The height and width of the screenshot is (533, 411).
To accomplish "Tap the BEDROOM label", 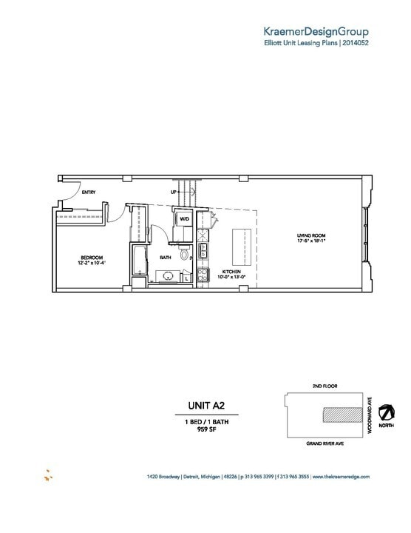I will pyautogui.click(x=91, y=257).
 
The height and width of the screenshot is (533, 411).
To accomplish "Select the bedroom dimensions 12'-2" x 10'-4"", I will pyautogui.click(x=91, y=264).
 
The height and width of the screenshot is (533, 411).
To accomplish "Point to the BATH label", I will pyautogui.click(x=166, y=258).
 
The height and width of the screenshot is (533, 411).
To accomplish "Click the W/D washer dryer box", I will pyautogui.click(x=184, y=219).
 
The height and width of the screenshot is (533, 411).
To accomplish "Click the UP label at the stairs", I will pyautogui.click(x=173, y=192).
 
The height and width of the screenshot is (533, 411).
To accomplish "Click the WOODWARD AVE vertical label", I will pyautogui.click(x=370, y=415).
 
